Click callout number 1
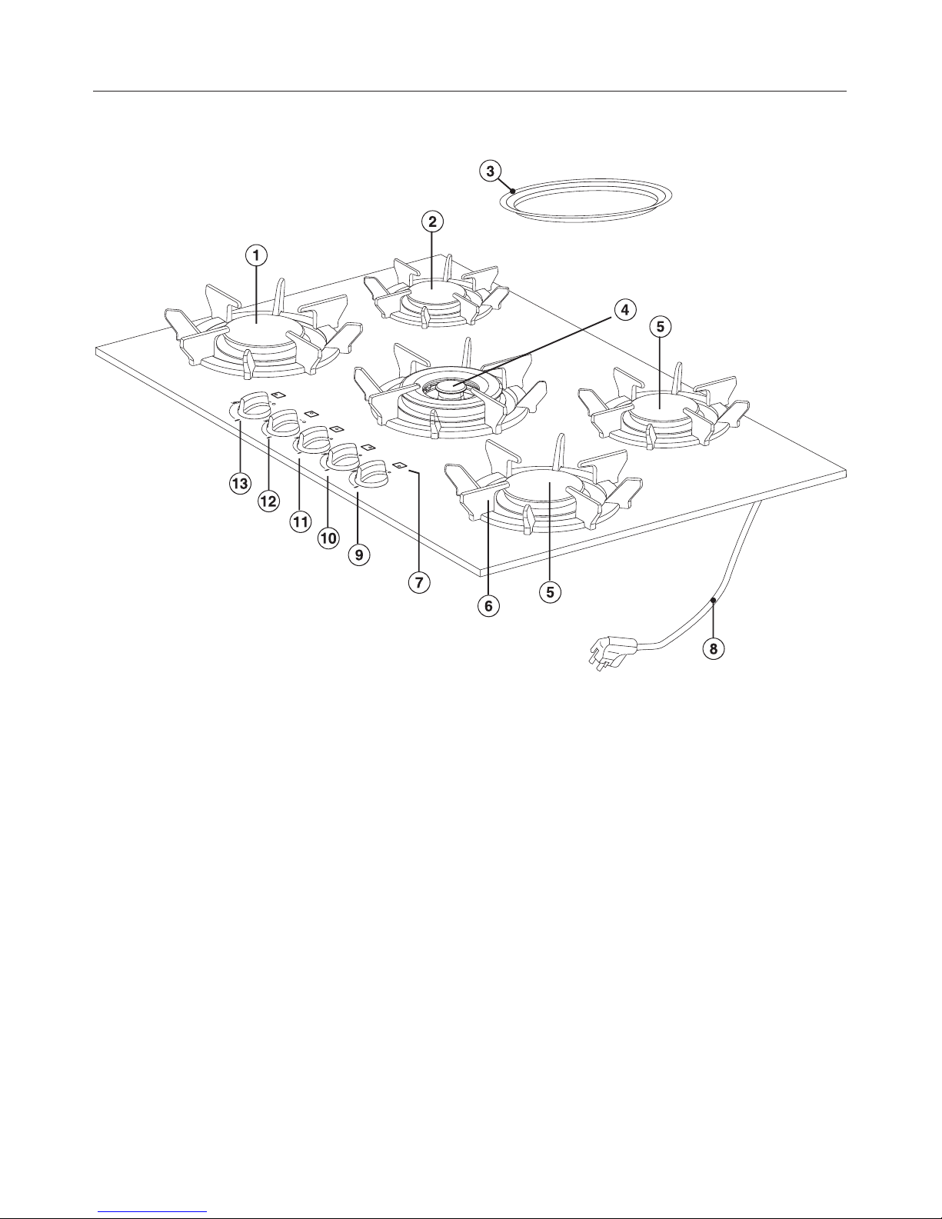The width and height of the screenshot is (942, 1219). click(x=256, y=256)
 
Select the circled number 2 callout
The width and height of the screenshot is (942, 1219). click(x=432, y=221)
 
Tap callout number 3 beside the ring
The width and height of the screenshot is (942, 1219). click(x=491, y=171)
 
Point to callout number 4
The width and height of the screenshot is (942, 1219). click(x=625, y=310)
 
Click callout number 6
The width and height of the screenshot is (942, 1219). click(x=488, y=606)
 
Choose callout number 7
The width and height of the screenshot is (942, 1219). click(x=419, y=582)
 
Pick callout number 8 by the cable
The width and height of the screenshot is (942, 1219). click(x=714, y=649)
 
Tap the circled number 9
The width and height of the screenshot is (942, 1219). click(x=359, y=555)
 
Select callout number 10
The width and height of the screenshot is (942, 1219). click(x=328, y=538)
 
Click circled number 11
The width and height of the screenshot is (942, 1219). click(x=301, y=522)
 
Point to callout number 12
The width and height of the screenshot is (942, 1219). click(x=268, y=501)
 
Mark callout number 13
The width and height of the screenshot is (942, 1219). click(x=240, y=484)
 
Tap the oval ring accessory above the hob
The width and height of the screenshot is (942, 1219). click(x=586, y=218)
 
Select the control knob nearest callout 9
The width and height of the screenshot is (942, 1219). click(x=371, y=471)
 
